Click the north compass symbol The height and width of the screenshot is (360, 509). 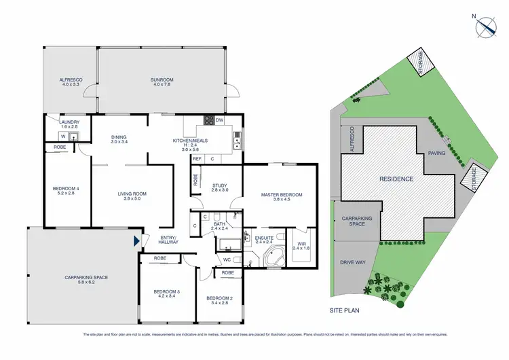point(485,24)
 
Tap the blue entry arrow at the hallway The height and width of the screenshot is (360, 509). point(138,240)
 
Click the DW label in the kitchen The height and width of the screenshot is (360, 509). point(219,120)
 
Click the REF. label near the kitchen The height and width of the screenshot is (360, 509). point(197,158)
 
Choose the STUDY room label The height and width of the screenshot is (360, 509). point(219,187)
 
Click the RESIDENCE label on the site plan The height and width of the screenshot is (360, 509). point(396,179)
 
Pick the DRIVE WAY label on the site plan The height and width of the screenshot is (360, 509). point(352,262)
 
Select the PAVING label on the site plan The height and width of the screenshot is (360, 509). point(436,154)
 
